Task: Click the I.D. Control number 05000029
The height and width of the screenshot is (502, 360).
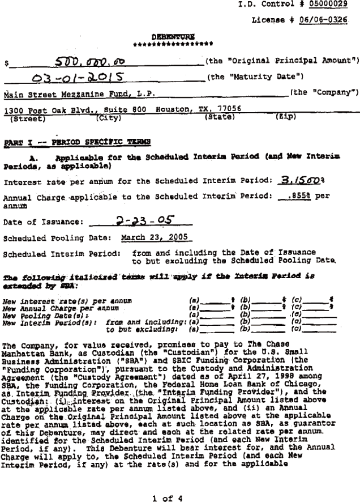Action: [328, 5]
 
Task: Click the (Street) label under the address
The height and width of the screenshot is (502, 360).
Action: [27, 119]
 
